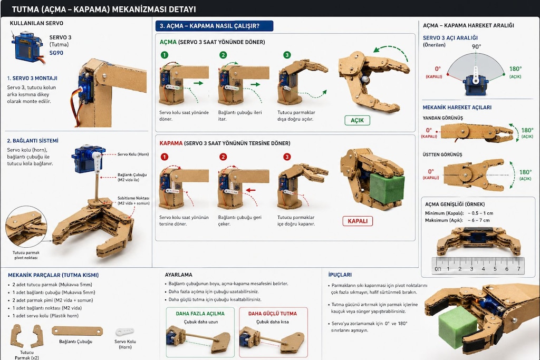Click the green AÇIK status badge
[357, 121]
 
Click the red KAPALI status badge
[358, 221]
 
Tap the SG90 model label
[56, 53]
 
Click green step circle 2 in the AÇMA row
[223, 55]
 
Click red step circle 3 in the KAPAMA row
[287, 157]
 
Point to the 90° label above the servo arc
[476, 46]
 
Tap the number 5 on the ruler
[495, 269]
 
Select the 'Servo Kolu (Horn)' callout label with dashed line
[133, 154]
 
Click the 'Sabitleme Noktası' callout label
[133, 201]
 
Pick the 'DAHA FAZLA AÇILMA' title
[200, 314]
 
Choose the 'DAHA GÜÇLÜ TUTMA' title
[273, 314]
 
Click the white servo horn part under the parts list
[124, 332]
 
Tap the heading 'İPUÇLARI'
[340, 275]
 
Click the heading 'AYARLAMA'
[178, 275]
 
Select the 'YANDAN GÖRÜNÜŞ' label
[443, 118]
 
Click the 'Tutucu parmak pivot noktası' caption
[26, 255]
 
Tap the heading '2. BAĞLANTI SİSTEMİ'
[33, 140]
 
